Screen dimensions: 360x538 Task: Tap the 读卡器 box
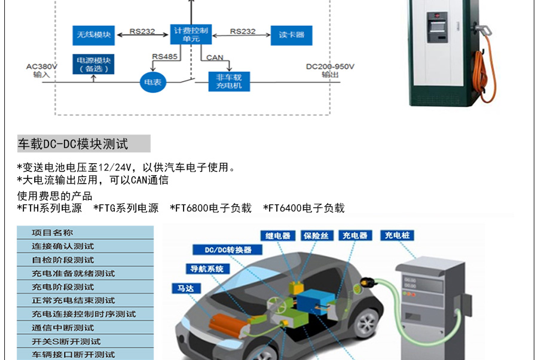[291, 35]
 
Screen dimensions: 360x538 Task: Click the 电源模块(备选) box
[94, 65]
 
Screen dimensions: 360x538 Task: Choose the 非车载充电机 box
[229, 82]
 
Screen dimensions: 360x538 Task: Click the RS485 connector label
[164, 57]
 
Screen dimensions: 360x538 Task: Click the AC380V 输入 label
[42, 71]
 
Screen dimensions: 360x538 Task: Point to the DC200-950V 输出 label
[330, 71]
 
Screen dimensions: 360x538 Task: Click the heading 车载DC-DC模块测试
[73, 144]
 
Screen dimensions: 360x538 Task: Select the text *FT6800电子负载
[210, 208]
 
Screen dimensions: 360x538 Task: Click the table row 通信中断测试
[63, 328]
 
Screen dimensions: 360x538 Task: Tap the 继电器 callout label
[278, 236]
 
